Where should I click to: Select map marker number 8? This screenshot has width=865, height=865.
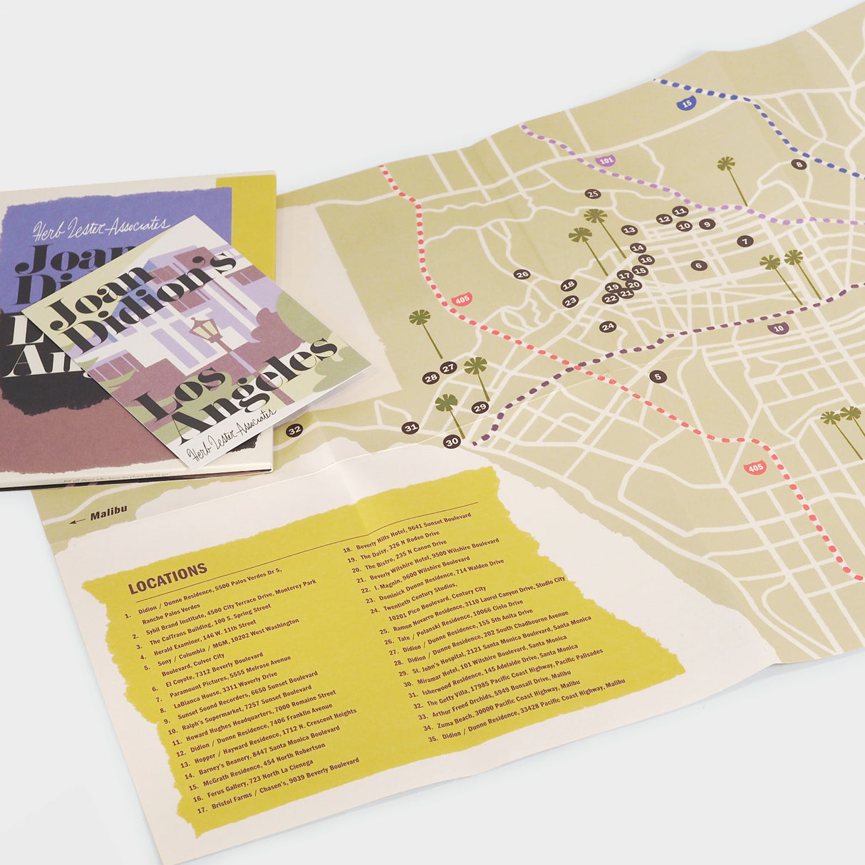[x=798, y=165]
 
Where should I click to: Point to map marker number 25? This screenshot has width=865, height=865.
[x=592, y=193]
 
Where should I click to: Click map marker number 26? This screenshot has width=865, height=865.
[x=522, y=274]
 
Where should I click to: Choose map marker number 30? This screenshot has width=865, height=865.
[x=452, y=442]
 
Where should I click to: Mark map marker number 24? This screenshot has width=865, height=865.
[x=607, y=327]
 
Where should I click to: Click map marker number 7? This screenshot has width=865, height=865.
[x=745, y=242]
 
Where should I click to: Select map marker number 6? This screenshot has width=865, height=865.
[x=698, y=265]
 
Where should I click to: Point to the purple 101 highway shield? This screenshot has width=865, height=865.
[x=606, y=162]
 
